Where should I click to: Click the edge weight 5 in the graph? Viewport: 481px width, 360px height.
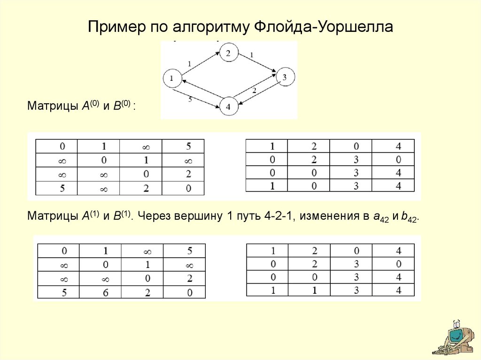pyautogui.click(x=190, y=100)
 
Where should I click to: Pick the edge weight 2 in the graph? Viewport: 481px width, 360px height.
pyautogui.click(x=254, y=91)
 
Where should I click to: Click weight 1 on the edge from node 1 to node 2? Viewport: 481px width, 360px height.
pyautogui.click(x=189, y=64)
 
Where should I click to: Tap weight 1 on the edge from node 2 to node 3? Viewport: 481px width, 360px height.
pyautogui.click(x=252, y=55)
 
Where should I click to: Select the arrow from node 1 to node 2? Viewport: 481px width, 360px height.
pyautogui.click(x=201, y=63)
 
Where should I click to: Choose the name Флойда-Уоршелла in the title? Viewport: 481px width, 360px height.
pyautogui.click(x=324, y=27)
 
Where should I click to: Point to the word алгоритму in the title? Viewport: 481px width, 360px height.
pyautogui.click(x=211, y=27)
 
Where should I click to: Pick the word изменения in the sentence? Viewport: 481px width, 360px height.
pyautogui.click(x=334, y=216)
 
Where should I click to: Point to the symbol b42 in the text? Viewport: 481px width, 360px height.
pyautogui.click(x=409, y=217)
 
